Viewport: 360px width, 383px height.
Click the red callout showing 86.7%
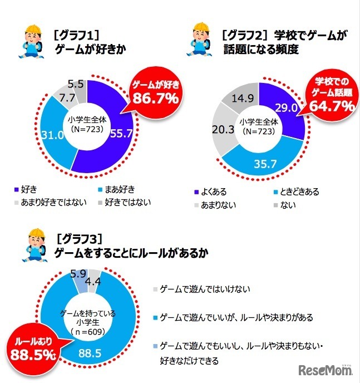154,94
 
